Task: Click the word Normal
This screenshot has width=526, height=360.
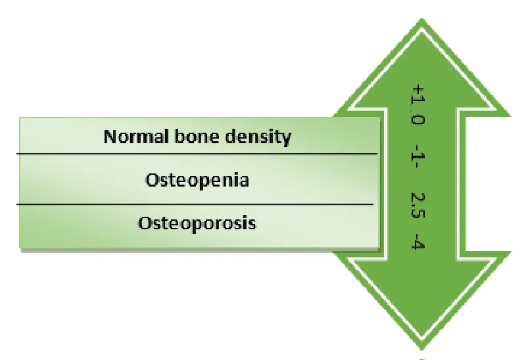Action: click(x=136, y=137)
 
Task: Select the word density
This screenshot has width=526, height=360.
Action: click(x=258, y=137)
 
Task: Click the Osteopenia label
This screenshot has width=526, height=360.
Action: click(x=197, y=181)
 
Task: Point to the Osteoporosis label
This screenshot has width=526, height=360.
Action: click(x=197, y=223)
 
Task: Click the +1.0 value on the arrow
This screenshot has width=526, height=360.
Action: click(x=418, y=104)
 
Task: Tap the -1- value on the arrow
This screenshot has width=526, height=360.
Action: click(x=418, y=156)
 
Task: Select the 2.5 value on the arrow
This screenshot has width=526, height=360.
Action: click(x=418, y=205)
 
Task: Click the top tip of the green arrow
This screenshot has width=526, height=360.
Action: click(x=421, y=18)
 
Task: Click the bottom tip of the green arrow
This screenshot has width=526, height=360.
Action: click(x=421, y=350)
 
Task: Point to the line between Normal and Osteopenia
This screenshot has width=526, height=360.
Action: click(x=197, y=154)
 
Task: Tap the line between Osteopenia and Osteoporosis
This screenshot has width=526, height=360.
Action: click(x=195, y=204)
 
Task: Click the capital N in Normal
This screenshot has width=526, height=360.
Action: click(x=110, y=137)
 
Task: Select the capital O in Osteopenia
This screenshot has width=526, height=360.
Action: click(x=152, y=181)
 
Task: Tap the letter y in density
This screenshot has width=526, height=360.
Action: click(x=287, y=139)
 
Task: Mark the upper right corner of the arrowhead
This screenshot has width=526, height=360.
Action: click(x=511, y=116)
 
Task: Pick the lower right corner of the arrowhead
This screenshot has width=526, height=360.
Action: click(x=511, y=251)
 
